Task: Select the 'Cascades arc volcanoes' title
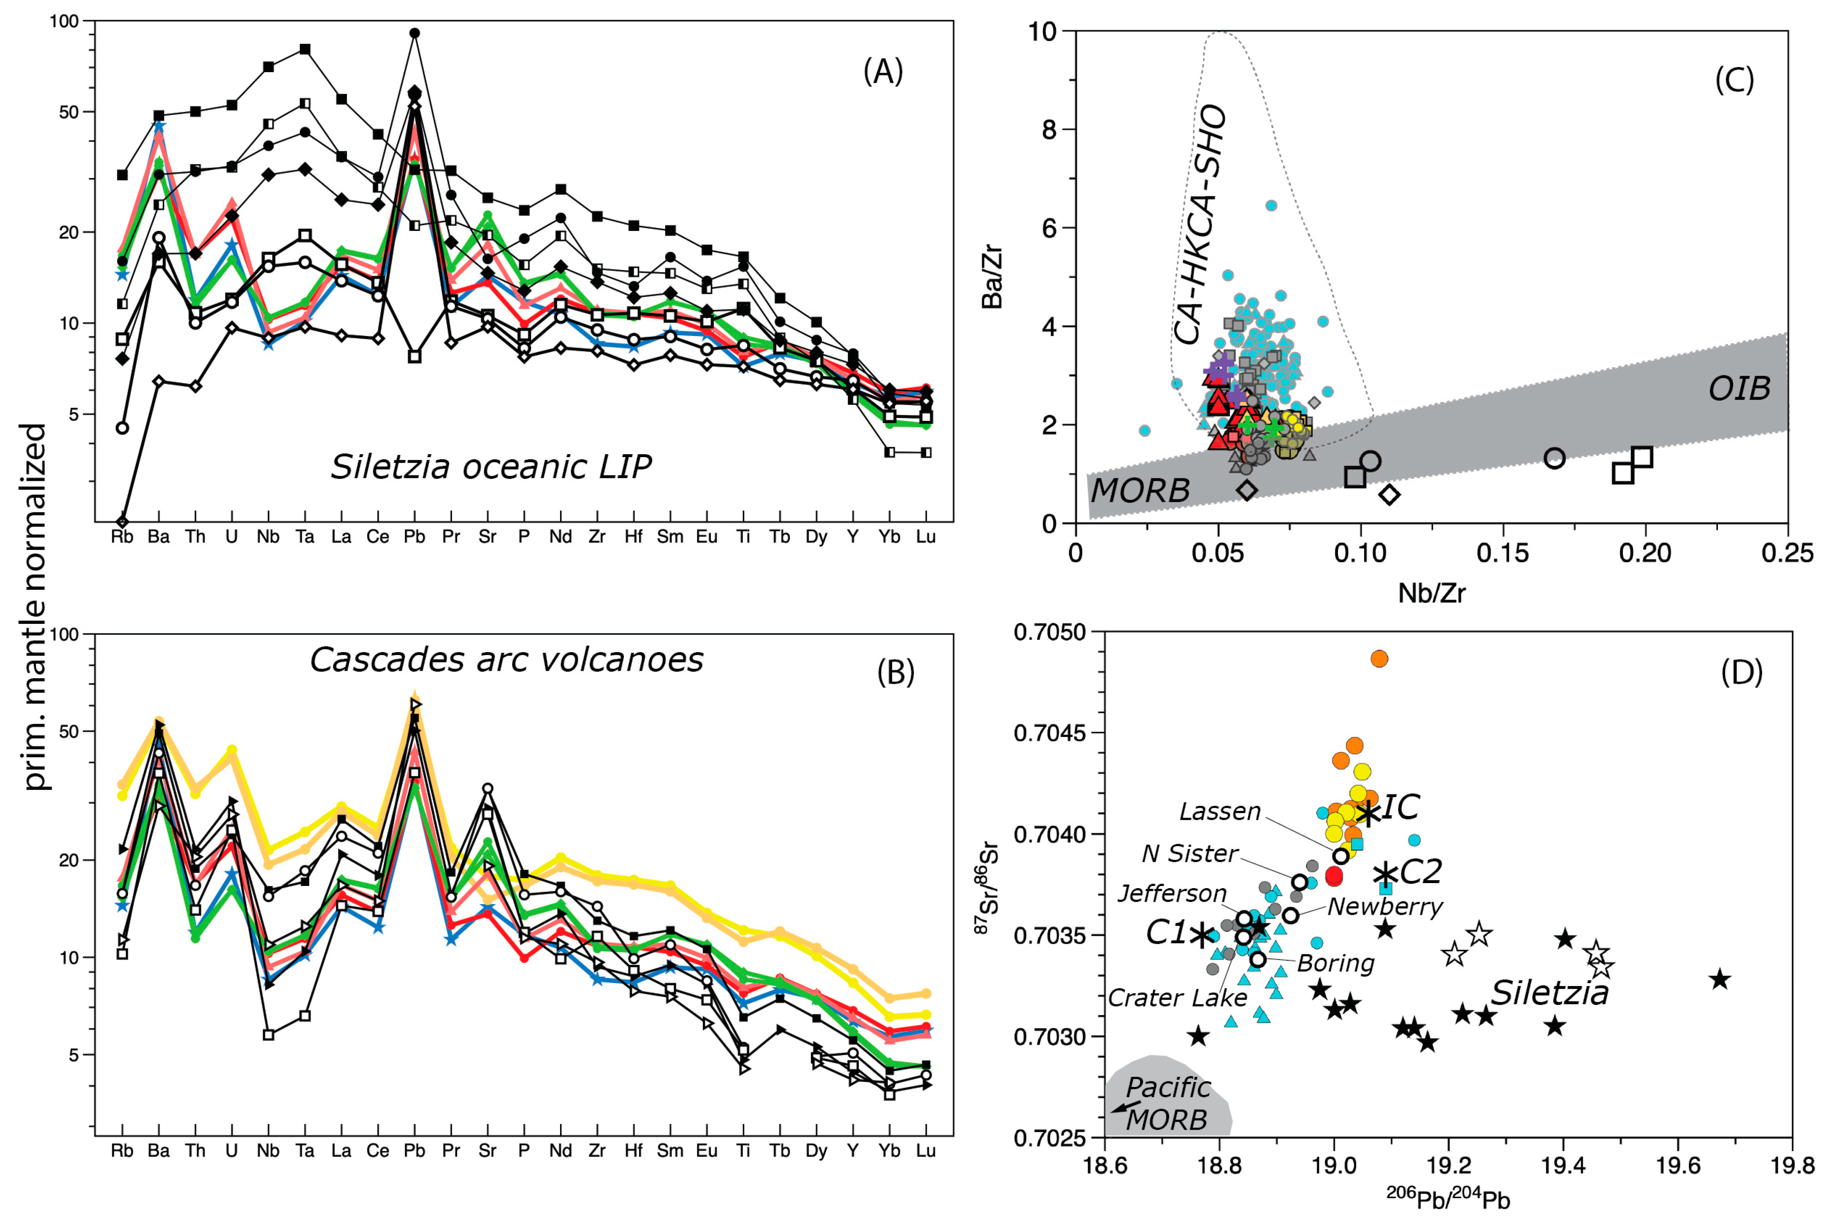506,659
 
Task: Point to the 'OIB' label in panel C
1739,388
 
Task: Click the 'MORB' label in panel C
1140,491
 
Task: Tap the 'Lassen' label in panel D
1220,812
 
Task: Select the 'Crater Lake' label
1177,997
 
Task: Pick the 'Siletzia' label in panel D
1550,993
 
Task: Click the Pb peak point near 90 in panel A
415,33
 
